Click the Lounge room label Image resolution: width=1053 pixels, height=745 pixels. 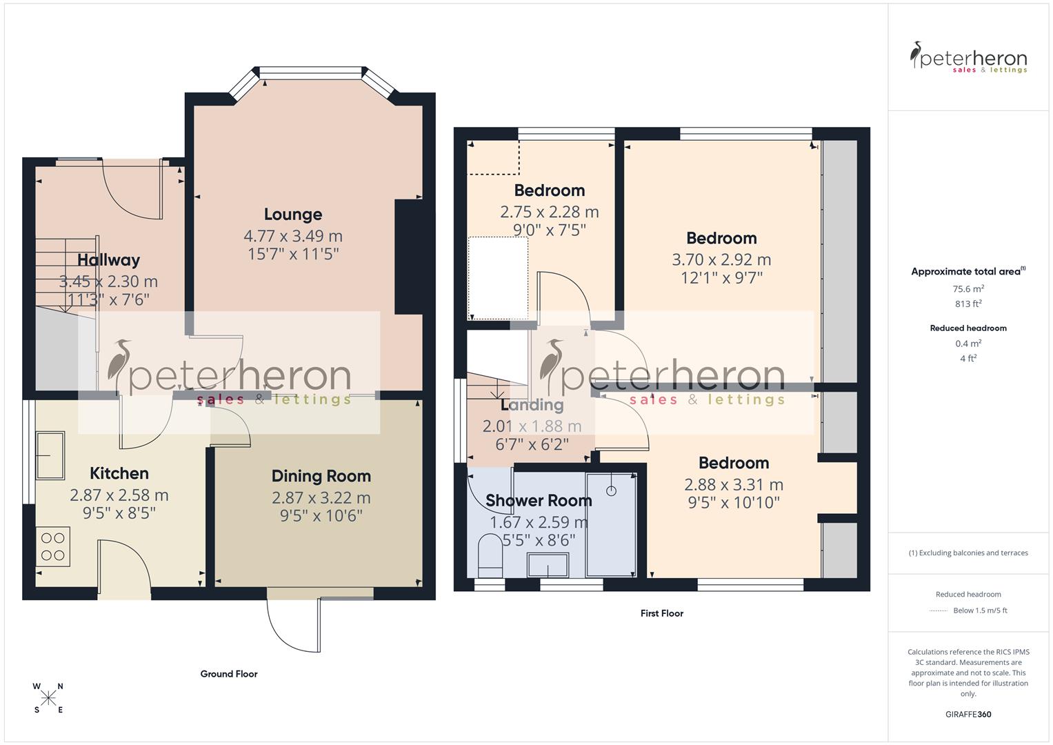[293, 215]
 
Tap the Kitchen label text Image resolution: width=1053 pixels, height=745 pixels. [119, 473]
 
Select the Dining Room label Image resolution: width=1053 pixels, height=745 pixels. [321, 476]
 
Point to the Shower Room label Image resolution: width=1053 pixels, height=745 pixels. [539, 501]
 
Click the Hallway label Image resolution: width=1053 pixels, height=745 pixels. [108, 260]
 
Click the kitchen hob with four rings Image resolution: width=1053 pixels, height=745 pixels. [52, 546]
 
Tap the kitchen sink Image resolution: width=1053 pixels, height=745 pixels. [50, 455]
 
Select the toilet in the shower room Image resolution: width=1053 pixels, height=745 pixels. [490, 555]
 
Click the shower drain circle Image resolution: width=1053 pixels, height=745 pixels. [611, 490]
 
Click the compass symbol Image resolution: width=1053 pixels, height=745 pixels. [48, 698]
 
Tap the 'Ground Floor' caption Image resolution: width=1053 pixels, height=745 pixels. [229, 674]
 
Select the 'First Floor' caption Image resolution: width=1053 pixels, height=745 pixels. [661, 613]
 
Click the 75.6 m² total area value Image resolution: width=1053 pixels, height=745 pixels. [968, 289]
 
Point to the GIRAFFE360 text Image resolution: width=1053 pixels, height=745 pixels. [968, 715]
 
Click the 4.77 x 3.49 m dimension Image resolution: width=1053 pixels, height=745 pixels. [293, 236]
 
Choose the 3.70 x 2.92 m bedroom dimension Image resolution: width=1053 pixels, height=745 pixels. [721, 260]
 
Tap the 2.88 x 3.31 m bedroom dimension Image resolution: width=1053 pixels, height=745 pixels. [733, 485]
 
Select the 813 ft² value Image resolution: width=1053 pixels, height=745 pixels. [968, 304]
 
